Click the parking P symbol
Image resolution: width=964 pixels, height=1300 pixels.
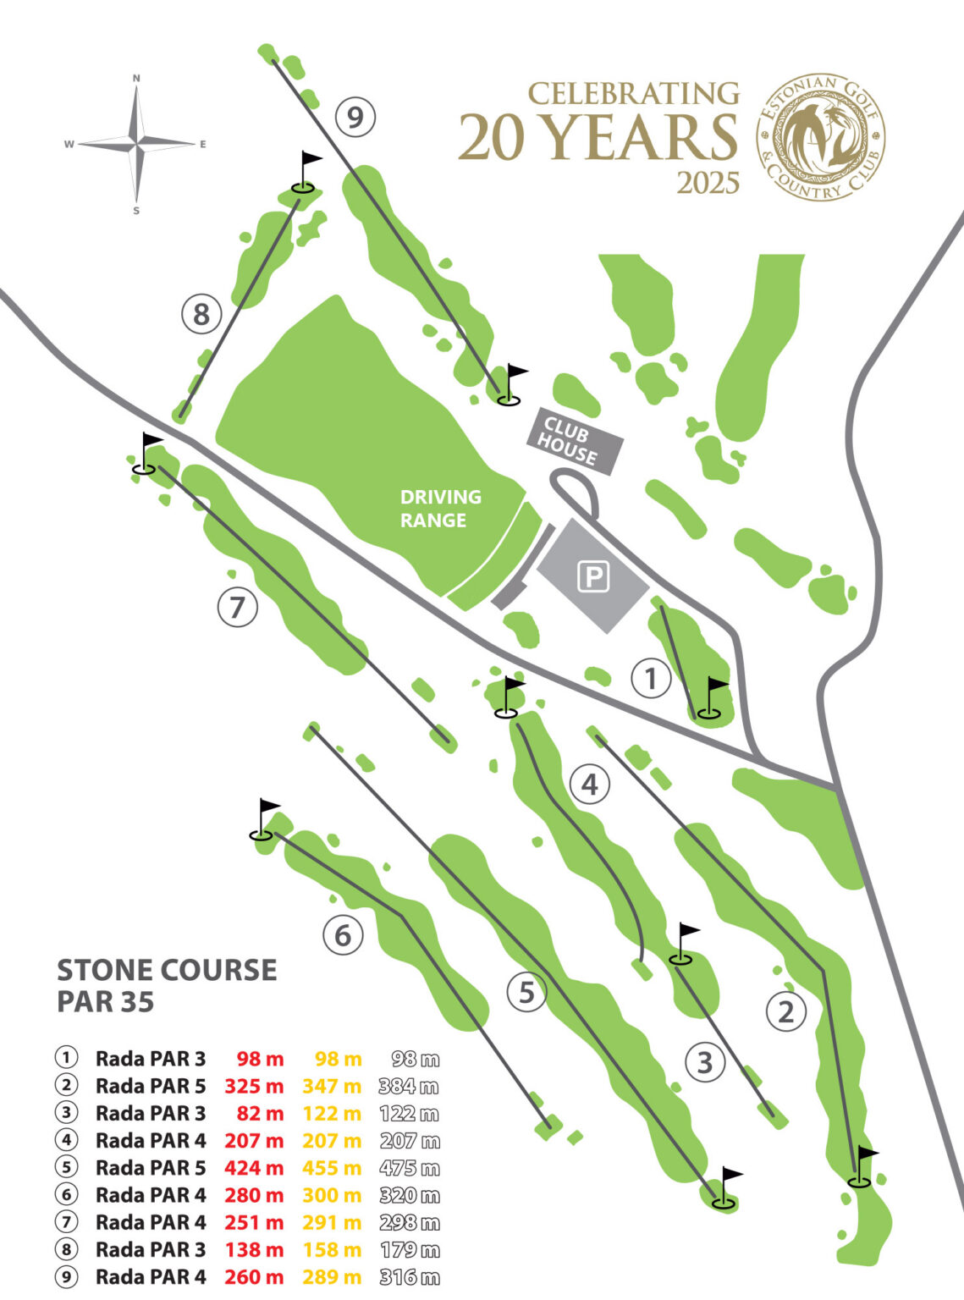pyautogui.click(x=593, y=577)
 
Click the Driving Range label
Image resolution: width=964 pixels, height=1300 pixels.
pyautogui.click(x=439, y=508)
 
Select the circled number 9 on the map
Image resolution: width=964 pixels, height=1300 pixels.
pyautogui.click(x=355, y=117)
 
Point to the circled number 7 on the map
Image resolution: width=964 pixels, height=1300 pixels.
pyautogui.click(x=237, y=607)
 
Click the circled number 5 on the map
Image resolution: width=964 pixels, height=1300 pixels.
pyautogui.click(x=526, y=991)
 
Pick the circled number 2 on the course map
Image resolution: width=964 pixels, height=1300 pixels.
pyautogui.click(x=785, y=1011)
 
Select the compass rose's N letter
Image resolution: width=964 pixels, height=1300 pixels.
pyautogui.click(x=136, y=78)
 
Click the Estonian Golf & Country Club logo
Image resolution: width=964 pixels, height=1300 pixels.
pyautogui.click(x=820, y=136)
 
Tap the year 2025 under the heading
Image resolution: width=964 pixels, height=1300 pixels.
pyautogui.click(x=708, y=183)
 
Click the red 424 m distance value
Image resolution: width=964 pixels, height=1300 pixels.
pyautogui.click(x=254, y=1168)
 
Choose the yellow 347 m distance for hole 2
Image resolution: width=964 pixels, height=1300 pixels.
pyautogui.click(x=332, y=1086)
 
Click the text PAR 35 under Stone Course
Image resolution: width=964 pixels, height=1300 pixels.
pyautogui.click(x=106, y=1002)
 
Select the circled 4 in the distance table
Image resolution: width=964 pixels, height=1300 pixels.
pyautogui.click(x=66, y=1140)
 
